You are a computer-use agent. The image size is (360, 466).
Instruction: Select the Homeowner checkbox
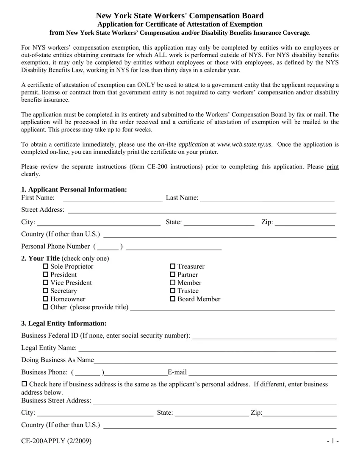(46, 299)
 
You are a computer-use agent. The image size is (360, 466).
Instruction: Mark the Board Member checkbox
(172, 299)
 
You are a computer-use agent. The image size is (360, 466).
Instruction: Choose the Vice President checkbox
(46, 283)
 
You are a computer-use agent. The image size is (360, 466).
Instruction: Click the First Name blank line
(113, 198)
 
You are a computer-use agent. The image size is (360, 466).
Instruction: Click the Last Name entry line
(267, 198)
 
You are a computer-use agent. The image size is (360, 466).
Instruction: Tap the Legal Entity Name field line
(208, 348)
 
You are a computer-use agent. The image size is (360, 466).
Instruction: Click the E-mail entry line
(263, 372)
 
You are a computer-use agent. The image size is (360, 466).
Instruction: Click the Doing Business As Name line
(216, 360)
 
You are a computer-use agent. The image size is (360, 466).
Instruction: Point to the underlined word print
(332, 167)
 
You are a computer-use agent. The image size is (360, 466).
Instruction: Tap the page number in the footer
(332, 441)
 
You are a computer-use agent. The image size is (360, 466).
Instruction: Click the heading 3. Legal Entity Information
(64, 324)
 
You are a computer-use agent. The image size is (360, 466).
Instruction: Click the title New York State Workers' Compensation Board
(180, 16)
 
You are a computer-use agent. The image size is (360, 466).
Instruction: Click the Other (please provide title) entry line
(233, 308)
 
